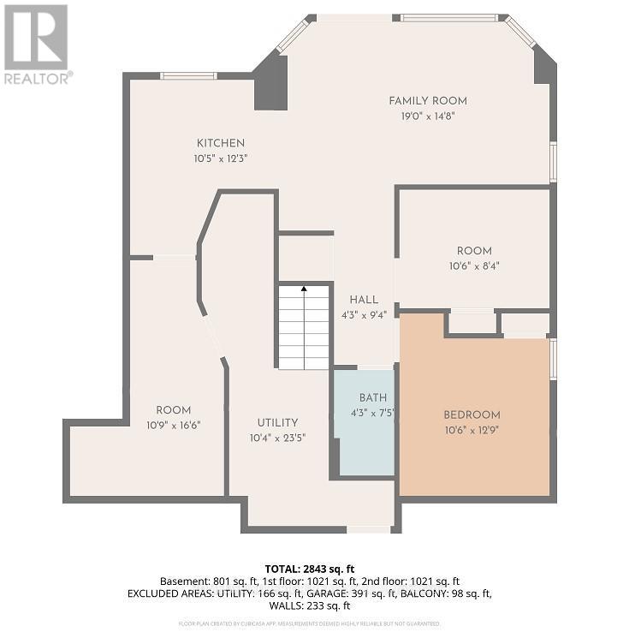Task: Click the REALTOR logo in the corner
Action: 36,43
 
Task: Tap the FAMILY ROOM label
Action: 428,101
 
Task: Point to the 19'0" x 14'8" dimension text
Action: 428,116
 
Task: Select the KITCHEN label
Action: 221,143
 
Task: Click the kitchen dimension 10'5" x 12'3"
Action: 221,158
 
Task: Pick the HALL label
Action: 364,300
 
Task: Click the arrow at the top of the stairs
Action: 304,290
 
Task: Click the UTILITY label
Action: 278,422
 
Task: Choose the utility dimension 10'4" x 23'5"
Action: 278,438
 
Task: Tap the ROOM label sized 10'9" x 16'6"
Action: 174,410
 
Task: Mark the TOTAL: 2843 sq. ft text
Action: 317,568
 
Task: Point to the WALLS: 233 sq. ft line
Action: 317,606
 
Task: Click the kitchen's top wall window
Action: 188,76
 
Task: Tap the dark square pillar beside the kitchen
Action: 271,86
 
